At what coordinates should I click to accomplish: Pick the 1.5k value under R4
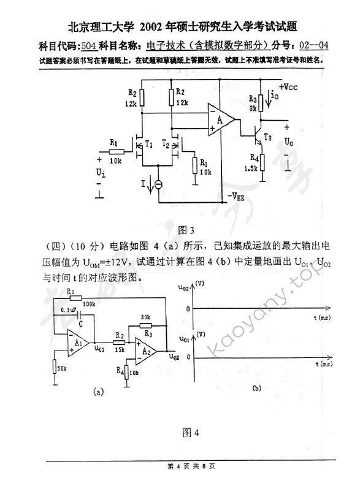[250, 169]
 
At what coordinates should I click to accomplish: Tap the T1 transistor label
[148, 144]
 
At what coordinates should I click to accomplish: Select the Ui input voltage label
[101, 172]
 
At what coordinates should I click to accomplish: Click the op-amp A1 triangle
[79, 338]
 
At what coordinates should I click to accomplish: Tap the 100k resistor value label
[88, 303]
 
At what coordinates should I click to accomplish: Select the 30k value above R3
[145, 317]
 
